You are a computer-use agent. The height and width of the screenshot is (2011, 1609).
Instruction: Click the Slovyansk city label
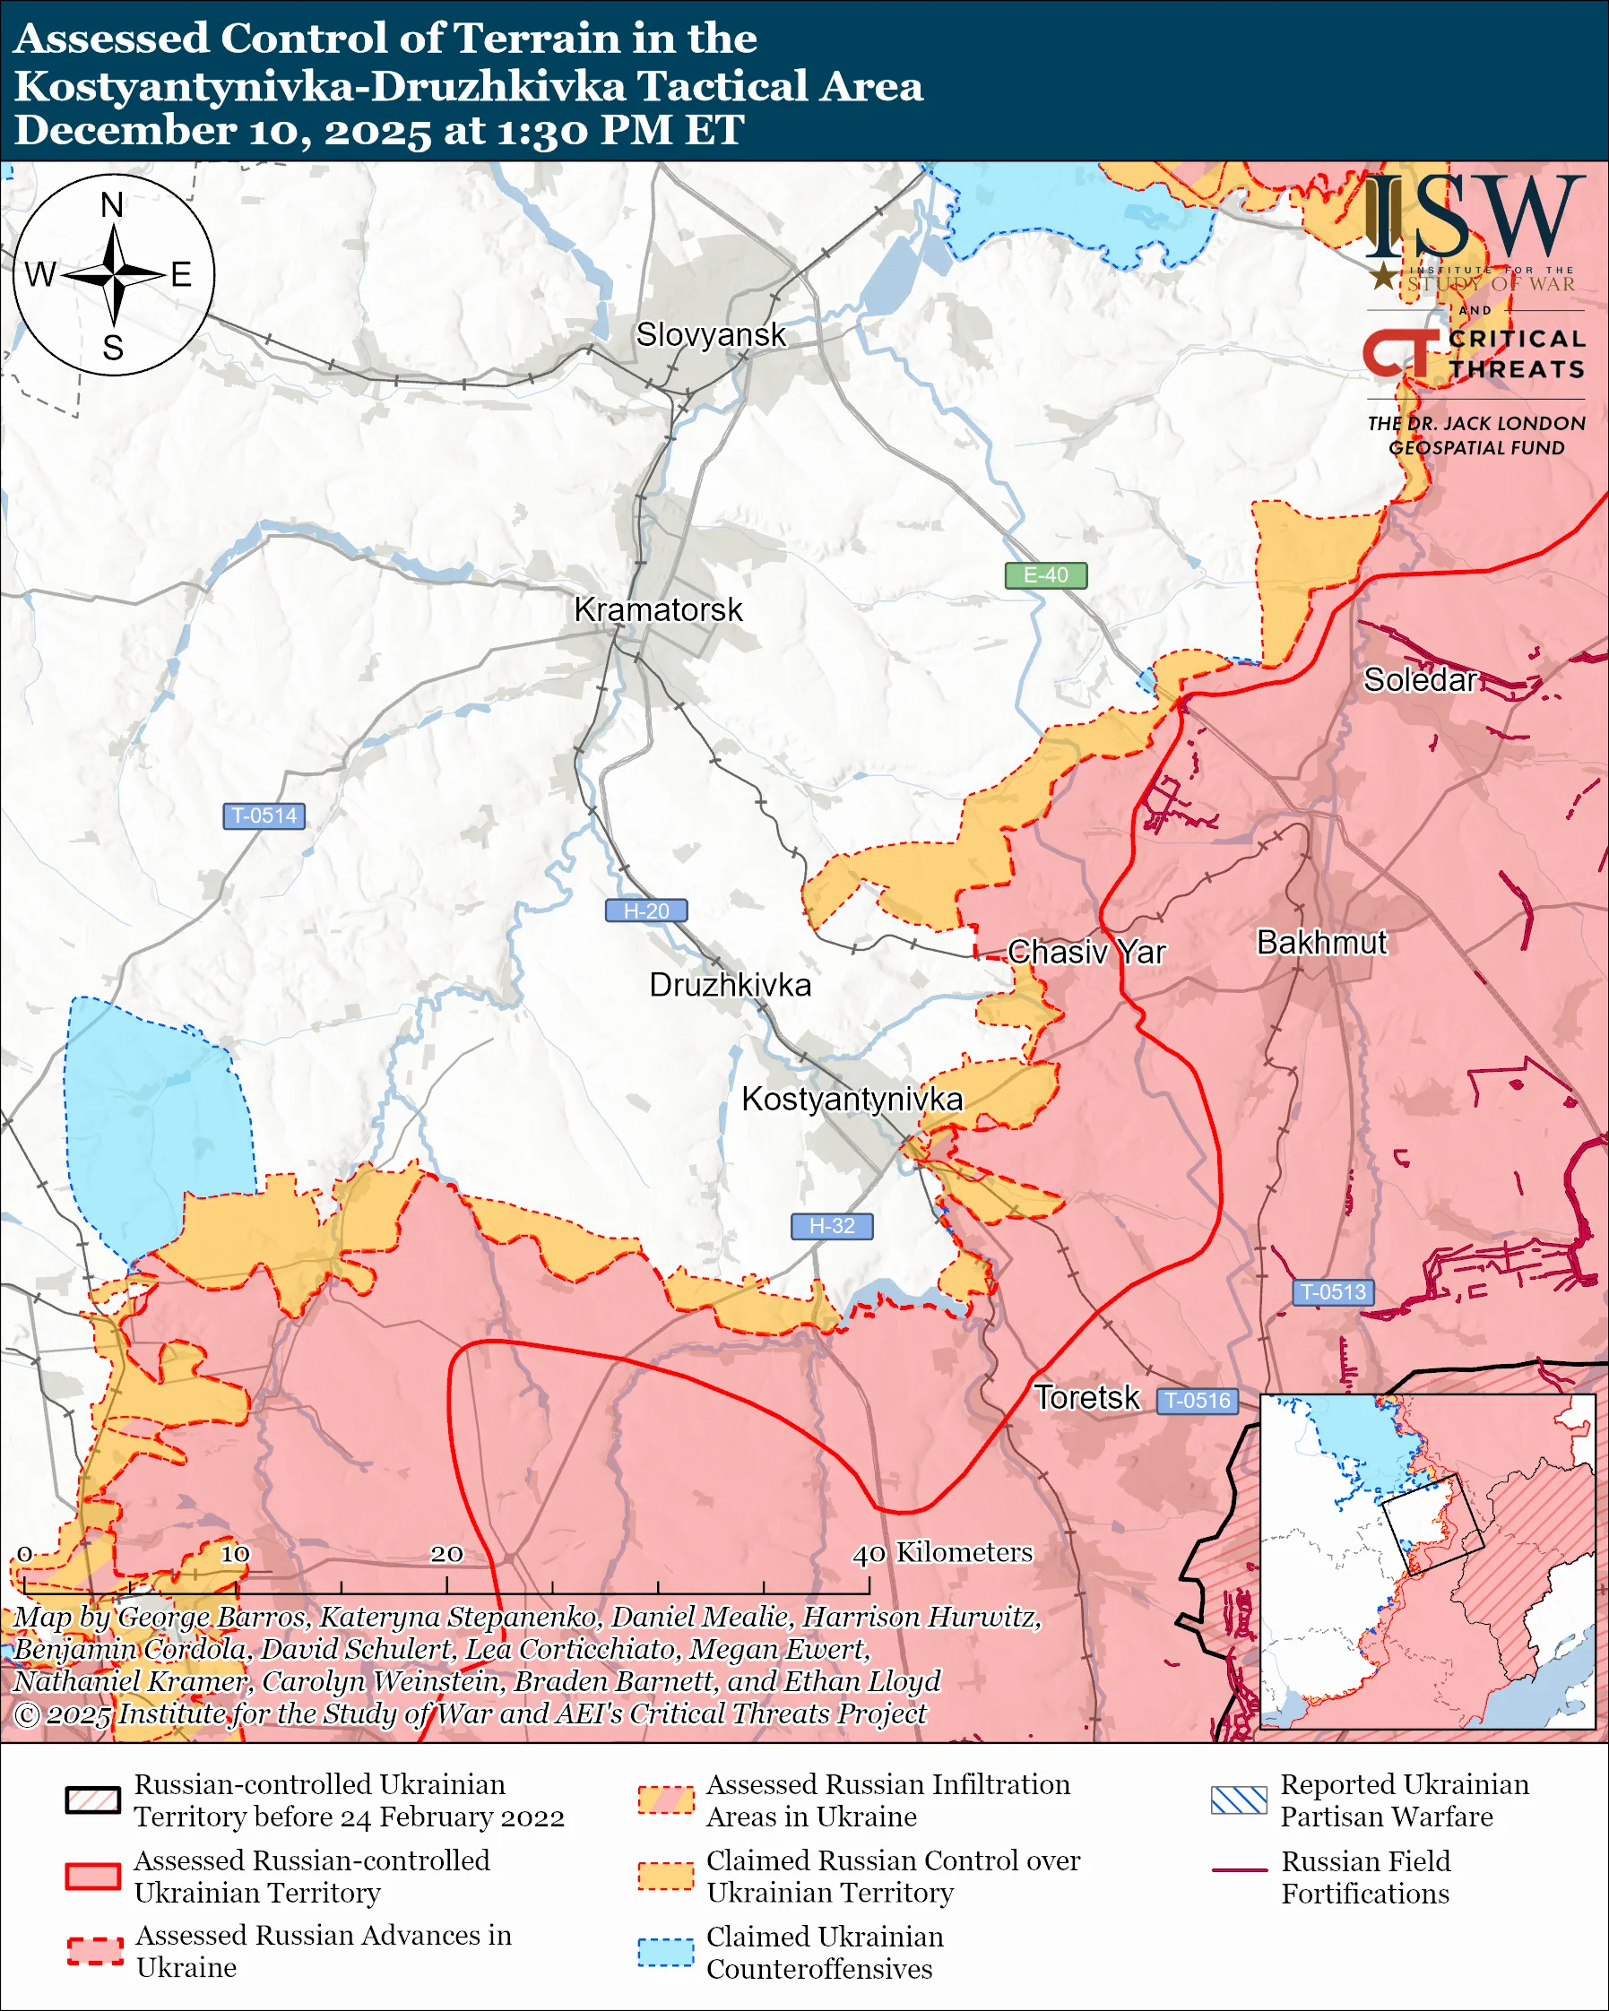point(711,335)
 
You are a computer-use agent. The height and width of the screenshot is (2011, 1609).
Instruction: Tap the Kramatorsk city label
point(658,609)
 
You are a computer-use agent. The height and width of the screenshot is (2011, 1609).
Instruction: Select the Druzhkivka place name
point(730,985)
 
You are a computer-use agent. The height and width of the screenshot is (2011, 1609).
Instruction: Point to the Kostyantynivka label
point(852,1099)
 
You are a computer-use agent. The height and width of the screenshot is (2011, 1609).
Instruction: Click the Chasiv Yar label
point(1086,952)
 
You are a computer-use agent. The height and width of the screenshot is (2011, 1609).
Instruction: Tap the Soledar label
point(1420,679)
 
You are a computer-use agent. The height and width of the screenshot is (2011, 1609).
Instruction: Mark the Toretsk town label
point(1086,1397)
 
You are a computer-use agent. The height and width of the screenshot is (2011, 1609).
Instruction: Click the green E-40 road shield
point(1045,574)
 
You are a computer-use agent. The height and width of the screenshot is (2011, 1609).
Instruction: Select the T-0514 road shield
point(264,816)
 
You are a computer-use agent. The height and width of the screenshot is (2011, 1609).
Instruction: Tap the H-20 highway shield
point(646,911)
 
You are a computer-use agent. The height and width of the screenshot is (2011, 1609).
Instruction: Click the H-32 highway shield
point(832,1226)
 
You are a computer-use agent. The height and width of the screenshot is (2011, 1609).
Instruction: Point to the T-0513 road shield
point(1333,1292)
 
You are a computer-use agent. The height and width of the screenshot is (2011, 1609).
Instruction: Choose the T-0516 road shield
point(1198,1400)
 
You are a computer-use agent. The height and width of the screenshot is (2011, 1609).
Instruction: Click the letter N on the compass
point(112,205)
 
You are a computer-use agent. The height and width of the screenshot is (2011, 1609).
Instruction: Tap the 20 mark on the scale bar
point(446,1554)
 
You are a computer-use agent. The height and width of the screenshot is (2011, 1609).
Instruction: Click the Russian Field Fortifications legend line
point(1239,1871)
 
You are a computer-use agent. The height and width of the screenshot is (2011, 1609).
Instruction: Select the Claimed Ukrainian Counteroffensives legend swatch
point(666,1952)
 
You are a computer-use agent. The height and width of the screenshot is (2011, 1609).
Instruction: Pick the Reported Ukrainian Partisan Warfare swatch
point(1239,1800)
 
